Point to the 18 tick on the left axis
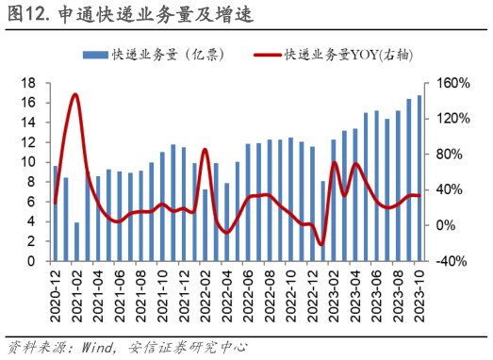tap(29, 83)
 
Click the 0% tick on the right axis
tap(447, 225)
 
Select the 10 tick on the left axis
tap(29, 162)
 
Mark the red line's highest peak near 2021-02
tap(75, 94)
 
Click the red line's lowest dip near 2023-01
tap(321, 244)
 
